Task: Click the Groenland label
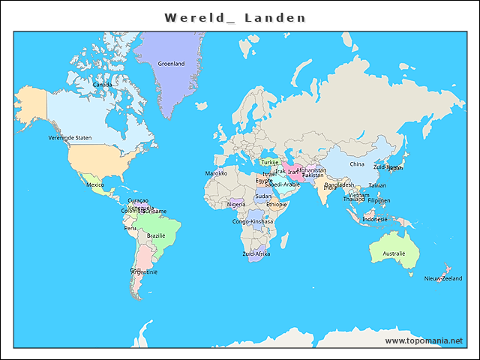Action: pos(171,64)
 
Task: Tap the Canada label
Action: pos(103,85)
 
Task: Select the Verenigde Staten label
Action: pos(70,138)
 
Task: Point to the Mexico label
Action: pos(94,184)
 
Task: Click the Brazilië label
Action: pos(156,235)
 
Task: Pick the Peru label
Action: pos(130,229)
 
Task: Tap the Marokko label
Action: pos(216,173)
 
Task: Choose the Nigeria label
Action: pos(237,204)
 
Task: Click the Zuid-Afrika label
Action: pos(256,254)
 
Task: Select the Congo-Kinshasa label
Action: pos(253,222)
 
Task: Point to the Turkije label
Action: pos(270,163)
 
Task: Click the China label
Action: pos(357,164)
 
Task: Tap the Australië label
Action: pos(394,254)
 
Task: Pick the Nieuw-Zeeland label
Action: pos(443,278)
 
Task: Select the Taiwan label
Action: pos(377,185)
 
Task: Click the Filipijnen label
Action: pos(379,201)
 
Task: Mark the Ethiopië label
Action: pos(277,204)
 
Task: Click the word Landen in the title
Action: pos(275,17)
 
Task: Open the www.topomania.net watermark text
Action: pos(424,341)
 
